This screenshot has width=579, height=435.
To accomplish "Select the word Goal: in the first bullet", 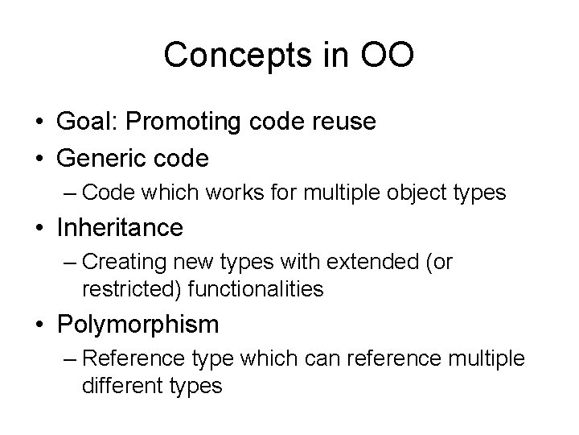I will click(x=89, y=122).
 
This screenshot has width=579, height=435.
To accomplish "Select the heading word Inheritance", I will click(x=121, y=228).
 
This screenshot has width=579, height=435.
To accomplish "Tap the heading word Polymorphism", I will click(x=138, y=325).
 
